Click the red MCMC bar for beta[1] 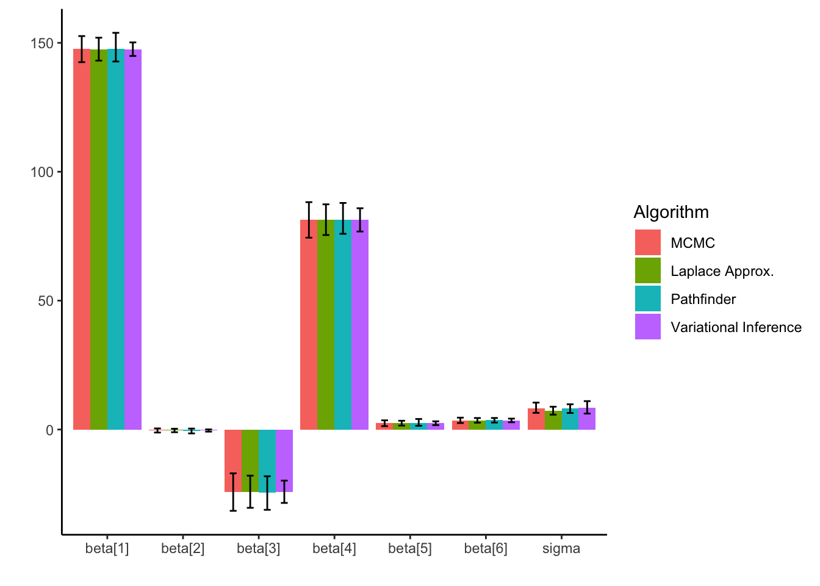(82, 244)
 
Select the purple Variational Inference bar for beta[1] (133, 244)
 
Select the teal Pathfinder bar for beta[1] (116, 244)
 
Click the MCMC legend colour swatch (647, 242)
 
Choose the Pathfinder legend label (703, 299)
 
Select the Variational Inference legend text (736, 327)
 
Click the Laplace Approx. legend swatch (647, 270)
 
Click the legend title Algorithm (671, 212)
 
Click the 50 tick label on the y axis (46, 301)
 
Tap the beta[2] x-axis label (183, 548)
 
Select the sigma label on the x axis (561, 548)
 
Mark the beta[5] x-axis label (410, 548)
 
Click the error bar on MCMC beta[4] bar (309, 220)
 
